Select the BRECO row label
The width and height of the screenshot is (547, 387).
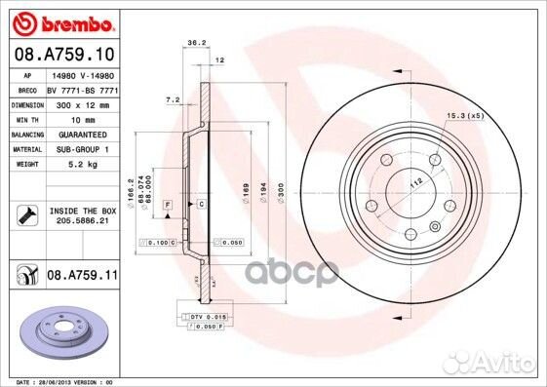(x=28, y=88)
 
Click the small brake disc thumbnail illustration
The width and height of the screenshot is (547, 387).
(x=63, y=331)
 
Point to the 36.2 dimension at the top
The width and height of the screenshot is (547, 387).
(x=195, y=42)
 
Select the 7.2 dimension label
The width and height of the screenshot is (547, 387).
(x=174, y=99)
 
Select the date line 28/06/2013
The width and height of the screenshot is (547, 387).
(x=60, y=381)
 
